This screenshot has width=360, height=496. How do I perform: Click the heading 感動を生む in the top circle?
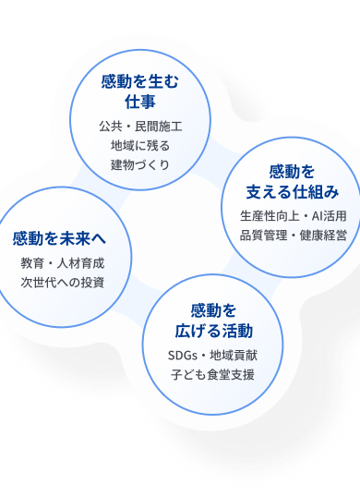point(139,81)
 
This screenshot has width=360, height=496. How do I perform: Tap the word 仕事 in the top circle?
point(140,102)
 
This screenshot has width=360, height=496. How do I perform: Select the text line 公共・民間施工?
point(140,127)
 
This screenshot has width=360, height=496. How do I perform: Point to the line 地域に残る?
point(140,146)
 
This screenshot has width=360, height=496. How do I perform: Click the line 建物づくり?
point(140,164)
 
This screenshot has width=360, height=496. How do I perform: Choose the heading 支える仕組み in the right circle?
point(293,192)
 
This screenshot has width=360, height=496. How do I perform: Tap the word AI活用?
point(329,216)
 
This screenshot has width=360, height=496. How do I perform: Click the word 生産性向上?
point(270,216)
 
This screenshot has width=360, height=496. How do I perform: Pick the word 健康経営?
point(323,236)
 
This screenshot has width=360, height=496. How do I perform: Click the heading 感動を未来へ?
point(59,238)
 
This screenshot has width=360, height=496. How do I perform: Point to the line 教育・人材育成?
point(63,263)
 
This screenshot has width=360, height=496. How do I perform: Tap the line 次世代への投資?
point(63,283)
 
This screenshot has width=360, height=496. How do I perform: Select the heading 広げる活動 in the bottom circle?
point(213,331)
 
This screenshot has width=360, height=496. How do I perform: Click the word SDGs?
point(183,356)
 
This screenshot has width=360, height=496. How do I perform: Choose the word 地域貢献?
point(234,356)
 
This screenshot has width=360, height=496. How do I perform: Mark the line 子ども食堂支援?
point(212,375)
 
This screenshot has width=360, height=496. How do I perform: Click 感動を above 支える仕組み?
point(292,172)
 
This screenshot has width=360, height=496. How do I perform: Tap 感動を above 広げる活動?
point(213,310)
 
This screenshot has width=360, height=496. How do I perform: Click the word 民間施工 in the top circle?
point(159,127)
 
